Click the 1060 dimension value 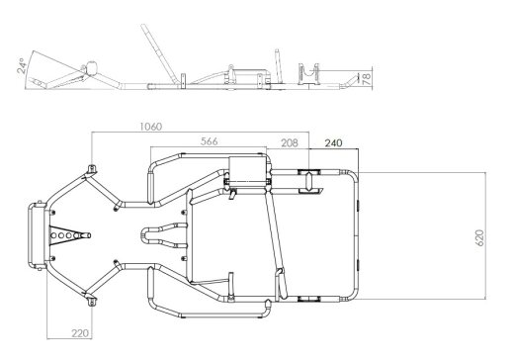pyautogui.click(x=151, y=127)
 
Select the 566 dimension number pyautogui.click(x=210, y=141)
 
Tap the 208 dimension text pyautogui.click(x=290, y=142)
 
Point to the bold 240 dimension pyautogui.click(x=334, y=142)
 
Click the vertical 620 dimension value pyautogui.click(x=480, y=237)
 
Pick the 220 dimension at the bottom pyautogui.click(x=81, y=333)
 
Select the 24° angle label pyautogui.click(x=22, y=66)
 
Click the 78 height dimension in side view pyautogui.click(x=367, y=79)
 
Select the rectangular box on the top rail pyautogui.click(x=247, y=169)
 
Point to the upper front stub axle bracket pyautogui.click(x=92, y=169)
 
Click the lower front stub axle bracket pyautogui.click(x=92, y=302)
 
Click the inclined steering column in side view pyautogui.click(x=159, y=52)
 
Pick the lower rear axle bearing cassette pyautogui.click(x=309, y=299)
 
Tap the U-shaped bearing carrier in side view pyautogui.click(x=308, y=74)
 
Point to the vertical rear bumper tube pyautogui.click(x=357, y=235)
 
